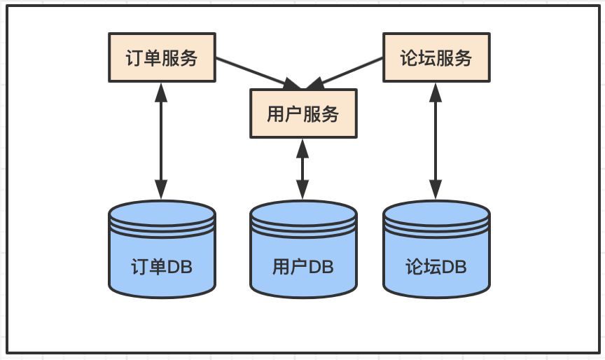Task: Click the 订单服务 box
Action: tap(162, 57)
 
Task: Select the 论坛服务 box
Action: tap(436, 57)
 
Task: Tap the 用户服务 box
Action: tap(303, 113)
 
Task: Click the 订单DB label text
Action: tap(162, 267)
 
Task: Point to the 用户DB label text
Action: tap(303, 267)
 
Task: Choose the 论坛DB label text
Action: tap(436, 267)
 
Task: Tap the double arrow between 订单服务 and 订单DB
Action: tap(161, 141)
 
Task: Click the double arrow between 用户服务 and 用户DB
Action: tap(302, 169)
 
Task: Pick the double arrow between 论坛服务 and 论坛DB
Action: tap(436, 141)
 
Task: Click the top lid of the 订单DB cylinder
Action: tap(162, 213)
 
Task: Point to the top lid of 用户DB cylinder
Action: tap(303, 213)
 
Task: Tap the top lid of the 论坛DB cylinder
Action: tap(436, 213)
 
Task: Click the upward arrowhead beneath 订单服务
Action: tap(161, 92)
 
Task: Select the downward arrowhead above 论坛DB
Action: tap(436, 190)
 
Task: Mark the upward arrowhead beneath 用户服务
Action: tap(302, 148)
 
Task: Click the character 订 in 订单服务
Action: tap(134, 58)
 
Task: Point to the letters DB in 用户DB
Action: tap(321, 267)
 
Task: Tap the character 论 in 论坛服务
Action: tap(409, 58)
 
